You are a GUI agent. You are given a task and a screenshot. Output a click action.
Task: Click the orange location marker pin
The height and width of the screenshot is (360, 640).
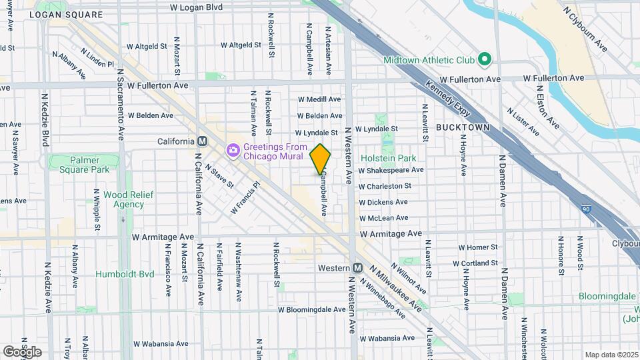pos(320,159)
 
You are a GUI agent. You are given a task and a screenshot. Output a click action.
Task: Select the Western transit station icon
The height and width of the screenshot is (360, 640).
pos(357,268)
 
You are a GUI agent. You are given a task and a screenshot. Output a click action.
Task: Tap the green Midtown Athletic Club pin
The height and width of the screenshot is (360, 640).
pos(485,60)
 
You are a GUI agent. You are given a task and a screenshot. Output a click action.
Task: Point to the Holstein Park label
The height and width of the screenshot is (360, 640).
pos(388,158)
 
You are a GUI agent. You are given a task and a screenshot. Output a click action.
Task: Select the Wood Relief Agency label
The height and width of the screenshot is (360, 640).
pos(123,199)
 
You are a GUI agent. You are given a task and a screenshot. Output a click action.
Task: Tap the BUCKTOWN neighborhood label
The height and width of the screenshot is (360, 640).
pos(463,127)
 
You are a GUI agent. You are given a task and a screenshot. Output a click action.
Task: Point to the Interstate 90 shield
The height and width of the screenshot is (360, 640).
pos(585,209)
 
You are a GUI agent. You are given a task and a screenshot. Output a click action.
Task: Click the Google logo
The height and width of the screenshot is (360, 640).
pos(22,351)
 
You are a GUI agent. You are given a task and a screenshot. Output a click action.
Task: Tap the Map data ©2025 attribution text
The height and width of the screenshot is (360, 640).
pos(611,355)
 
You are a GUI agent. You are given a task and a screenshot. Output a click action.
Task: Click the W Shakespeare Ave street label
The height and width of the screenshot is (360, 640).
pos(391,170)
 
